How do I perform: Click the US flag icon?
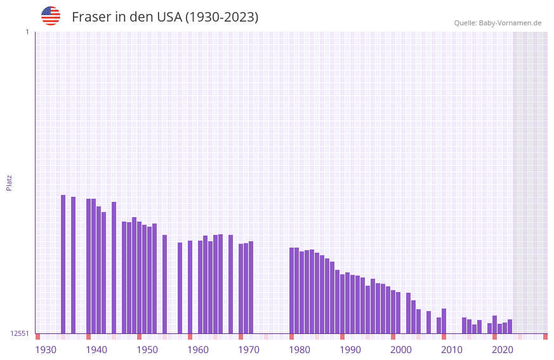pyautogui.click(x=51, y=16)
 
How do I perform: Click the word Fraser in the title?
pyautogui.click(x=91, y=17)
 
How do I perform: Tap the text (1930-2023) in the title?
pyautogui.click(x=221, y=17)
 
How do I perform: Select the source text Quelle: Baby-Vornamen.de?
pyautogui.click(x=498, y=23)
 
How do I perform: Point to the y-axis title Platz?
pyautogui.click(x=9, y=183)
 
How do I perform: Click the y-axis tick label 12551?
pyautogui.click(x=20, y=333)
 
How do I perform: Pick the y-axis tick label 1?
pyautogui.click(x=27, y=32)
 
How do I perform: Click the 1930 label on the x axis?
pyautogui.click(x=46, y=350)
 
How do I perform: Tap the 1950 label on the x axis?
pyautogui.click(x=147, y=350)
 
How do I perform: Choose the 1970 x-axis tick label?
pyautogui.click(x=249, y=350)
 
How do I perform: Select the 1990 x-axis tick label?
pyautogui.click(x=350, y=350)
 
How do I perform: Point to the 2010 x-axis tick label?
pyautogui.click(x=452, y=350)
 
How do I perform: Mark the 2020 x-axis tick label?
pyautogui.click(x=503, y=350)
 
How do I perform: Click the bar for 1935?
pyautogui.click(x=63, y=264)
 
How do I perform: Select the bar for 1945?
pyautogui.click(x=114, y=267)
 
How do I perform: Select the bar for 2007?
pyautogui.click(x=429, y=322)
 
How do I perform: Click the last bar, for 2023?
pyautogui.click(x=510, y=326)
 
